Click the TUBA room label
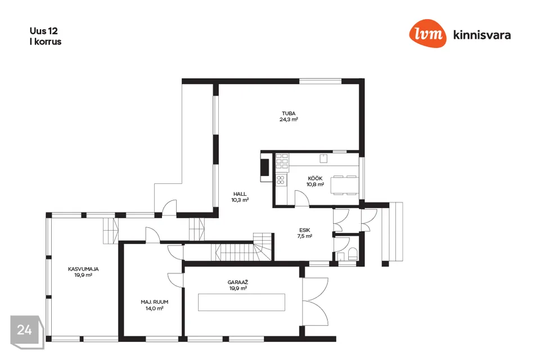pyautogui.click(x=289, y=113)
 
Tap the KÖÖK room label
pyautogui.click(x=315, y=178)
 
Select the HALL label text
pyautogui.click(x=240, y=194)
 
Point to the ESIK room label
pyautogui.click(x=304, y=230)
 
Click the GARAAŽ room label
pyautogui.click(x=238, y=282)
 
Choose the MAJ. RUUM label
pyautogui.click(x=154, y=302)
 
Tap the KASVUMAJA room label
pyautogui.click(x=83, y=269)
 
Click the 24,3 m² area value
pyautogui.click(x=289, y=120)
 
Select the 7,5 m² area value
pyautogui.click(x=304, y=236)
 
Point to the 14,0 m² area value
pyautogui.click(x=154, y=308)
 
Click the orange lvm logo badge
pyautogui.click(x=427, y=33)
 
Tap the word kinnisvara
pyautogui.click(x=482, y=35)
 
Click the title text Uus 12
pyautogui.click(x=43, y=31)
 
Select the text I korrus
pyautogui.click(x=46, y=42)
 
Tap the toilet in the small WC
pyautogui.click(x=353, y=255)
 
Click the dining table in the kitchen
pyautogui.click(x=344, y=185)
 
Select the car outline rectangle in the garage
pyautogui.click(x=241, y=302)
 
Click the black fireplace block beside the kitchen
pyautogui.click(x=264, y=168)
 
